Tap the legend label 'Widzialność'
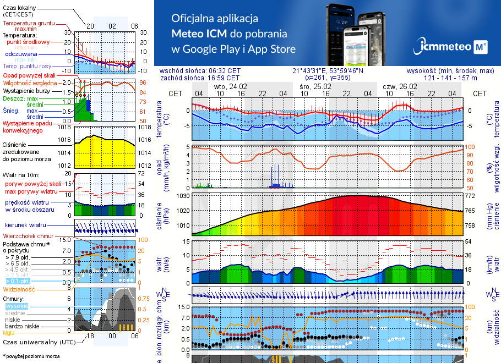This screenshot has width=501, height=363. [x=19, y=289]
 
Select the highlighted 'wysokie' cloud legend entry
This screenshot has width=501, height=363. [x=17, y=306]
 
